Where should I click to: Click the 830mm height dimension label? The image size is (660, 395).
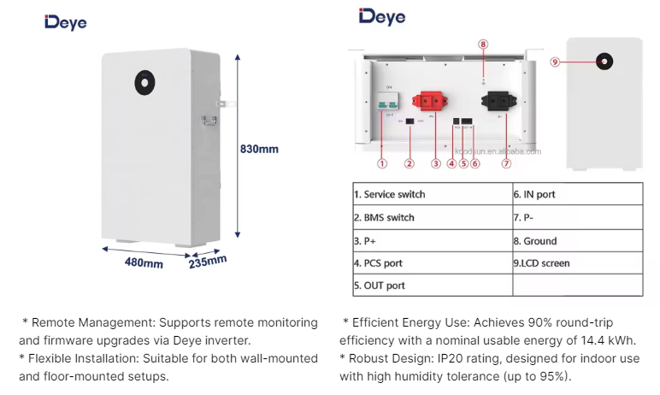pyautogui.click(x=259, y=149)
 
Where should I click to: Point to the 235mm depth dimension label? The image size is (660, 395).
pyautogui.click(x=208, y=262)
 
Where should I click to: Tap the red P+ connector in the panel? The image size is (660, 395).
pyautogui.click(x=432, y=103)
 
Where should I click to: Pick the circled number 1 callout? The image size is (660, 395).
pyautogui.click(x=382, y=162)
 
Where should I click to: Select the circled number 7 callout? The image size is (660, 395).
pyautogui.click(x=506, y=162)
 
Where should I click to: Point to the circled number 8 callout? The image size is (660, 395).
pyautogui.click(x=483, y=44)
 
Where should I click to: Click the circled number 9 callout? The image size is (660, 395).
pyautogui.click(x=555, y=62)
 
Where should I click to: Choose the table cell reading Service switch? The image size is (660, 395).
pyautogui.click(x=390, y=194)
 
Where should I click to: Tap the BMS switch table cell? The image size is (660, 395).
pyautogui.click(x=384, y=217)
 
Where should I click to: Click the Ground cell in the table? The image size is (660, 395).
pyautogui.click(x=534, y=240)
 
